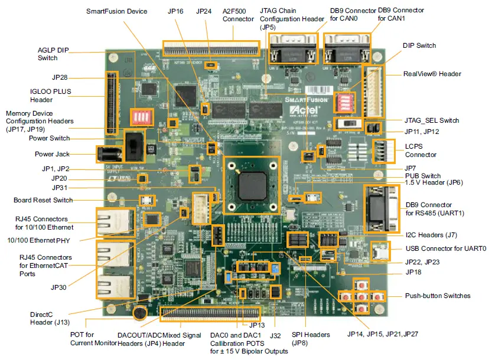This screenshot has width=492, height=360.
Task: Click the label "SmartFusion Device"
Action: click(x=117, y=11)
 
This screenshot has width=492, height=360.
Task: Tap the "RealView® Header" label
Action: click(x=432, y=74)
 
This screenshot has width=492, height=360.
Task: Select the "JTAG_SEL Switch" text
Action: click(x=432, y=120)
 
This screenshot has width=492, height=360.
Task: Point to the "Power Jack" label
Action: click(x=51, y=154)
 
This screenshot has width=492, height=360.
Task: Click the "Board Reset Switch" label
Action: click(x=43, y=200)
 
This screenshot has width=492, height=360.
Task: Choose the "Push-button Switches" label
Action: click(x=438, y=295)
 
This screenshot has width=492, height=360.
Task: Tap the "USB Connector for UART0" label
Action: click(x=446, y=249)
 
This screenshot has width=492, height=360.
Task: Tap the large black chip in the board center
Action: click(x=252, y=184)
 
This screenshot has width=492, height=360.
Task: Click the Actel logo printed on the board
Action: click(x=306, y=110)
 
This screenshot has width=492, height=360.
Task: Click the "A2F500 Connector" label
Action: click(x=239, y=15)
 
